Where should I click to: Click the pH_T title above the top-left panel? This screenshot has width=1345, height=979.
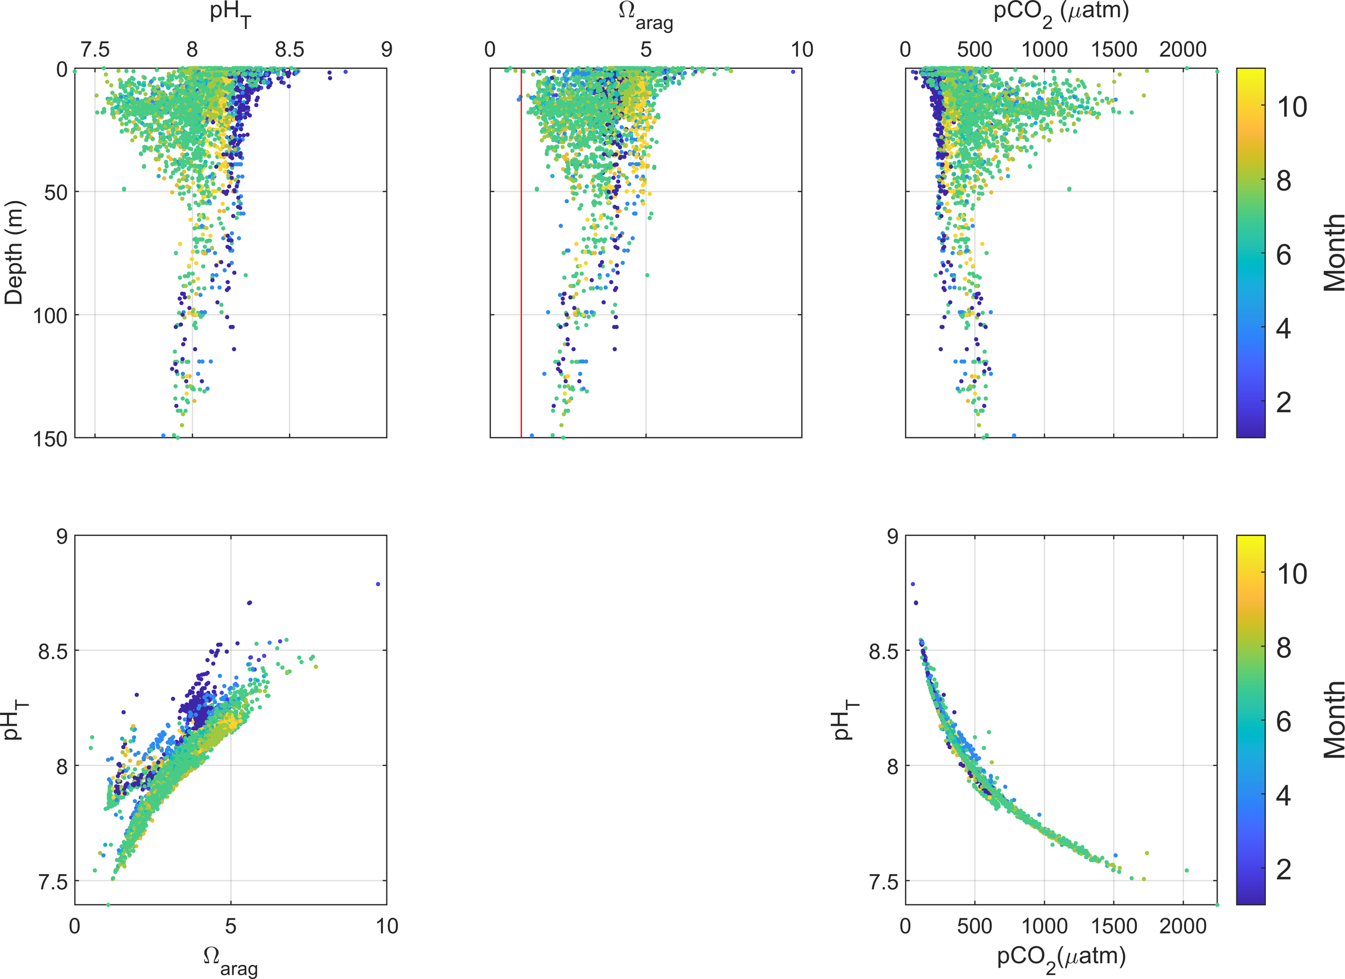[230, 14]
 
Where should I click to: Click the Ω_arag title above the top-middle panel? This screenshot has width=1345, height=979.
[645, 16]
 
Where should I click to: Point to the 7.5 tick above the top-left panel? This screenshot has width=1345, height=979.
[95, 50]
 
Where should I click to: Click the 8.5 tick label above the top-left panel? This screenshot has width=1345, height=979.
[289, 50]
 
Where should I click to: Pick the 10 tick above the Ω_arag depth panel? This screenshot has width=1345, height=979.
[801, 50]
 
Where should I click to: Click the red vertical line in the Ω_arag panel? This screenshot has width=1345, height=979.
[521, 267]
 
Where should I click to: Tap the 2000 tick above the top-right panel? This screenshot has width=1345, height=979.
[1183, 50]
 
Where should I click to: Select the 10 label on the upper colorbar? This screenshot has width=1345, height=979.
[1292, 108]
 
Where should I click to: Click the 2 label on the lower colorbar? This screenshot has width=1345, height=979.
[1283, 869]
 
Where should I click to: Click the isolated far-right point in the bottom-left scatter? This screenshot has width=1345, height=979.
[378, 584]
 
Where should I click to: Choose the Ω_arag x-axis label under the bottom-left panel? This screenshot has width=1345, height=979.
[230, 960]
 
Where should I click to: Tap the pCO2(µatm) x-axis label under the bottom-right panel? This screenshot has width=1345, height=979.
[1061, 959]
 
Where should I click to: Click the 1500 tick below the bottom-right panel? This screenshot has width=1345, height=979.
[1113, 926]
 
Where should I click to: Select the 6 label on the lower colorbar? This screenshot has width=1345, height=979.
[1283, 722]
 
